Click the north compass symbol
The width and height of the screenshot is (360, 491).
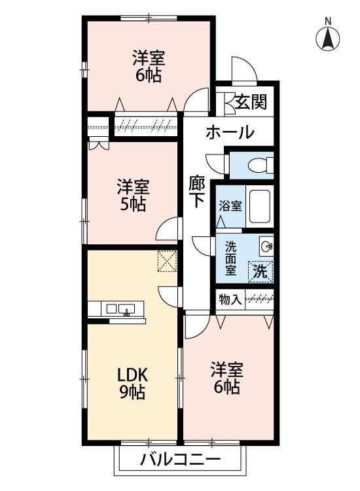click(328, 39)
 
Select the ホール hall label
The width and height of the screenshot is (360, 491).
click(230, 133)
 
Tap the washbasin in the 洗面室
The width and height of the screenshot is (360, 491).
click(266, 247)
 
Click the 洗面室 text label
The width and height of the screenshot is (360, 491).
click(231, 258)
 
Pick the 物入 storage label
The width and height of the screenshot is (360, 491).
click(230, 300)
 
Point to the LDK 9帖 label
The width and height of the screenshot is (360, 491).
click(132, 384)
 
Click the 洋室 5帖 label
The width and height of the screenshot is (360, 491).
click(132, 195)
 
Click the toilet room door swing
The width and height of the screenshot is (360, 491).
click(214, 163)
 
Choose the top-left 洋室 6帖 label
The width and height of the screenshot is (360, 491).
click(149, 65)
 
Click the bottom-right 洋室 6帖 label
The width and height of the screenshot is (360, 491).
click(225, 378)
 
